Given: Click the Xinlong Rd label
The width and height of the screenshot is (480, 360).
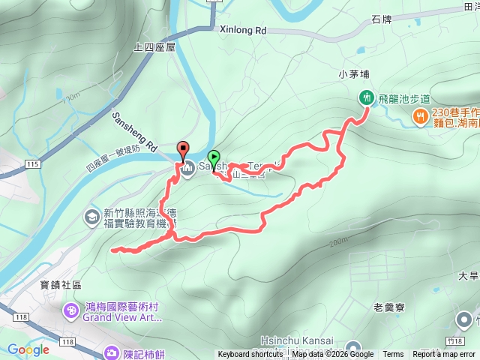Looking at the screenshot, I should (x=244, y=31).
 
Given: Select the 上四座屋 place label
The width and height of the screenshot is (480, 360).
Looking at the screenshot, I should (x=154, y=46).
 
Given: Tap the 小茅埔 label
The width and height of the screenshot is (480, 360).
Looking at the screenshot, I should (x=355, y=73).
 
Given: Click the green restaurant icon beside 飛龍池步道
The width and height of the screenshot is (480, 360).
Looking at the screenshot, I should (x=366, y=97).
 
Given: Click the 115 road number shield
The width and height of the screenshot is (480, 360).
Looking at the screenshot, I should (x=31, y=163).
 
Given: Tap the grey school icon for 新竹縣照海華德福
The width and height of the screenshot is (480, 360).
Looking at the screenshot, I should (x=91, y=217).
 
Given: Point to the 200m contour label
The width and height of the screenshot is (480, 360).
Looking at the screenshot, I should (x=338, y=241).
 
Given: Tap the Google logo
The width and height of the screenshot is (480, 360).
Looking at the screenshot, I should (x=28, y=349).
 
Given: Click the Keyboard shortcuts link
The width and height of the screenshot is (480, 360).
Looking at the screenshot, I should (x=251, y=355).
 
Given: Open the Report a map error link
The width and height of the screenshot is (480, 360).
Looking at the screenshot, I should (x=444, y=355).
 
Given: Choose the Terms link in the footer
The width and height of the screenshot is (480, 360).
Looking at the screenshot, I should (x=393, y=355).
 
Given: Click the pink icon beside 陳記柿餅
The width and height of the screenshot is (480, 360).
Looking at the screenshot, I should (x=112, y=352).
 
